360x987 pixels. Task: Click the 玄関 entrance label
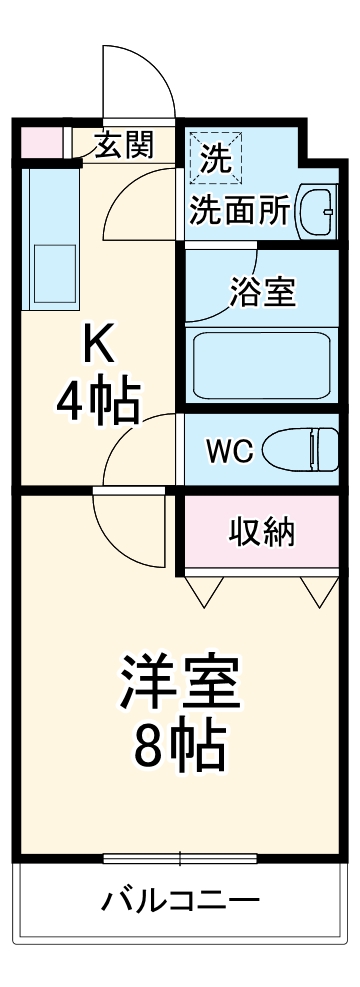tap(124, 146)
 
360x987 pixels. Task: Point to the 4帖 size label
tap(96, 402)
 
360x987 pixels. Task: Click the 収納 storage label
tap(262, 532)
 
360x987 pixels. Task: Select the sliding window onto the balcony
tap(180, 858)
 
